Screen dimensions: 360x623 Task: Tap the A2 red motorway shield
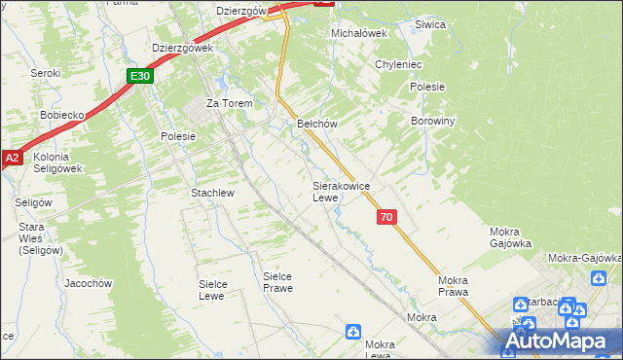(12, 157)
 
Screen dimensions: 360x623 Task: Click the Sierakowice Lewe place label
(340, 191)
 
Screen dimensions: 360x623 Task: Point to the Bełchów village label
(316, 124)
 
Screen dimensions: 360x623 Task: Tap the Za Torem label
(229, 103)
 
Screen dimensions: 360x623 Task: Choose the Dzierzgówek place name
(182, 47)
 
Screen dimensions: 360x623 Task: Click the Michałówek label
(359, 32)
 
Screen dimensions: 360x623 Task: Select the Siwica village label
(429, 24)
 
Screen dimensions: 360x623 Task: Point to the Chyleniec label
(398, 64)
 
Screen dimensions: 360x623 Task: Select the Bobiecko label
(63, 114)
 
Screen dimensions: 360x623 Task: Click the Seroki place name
(46, 73)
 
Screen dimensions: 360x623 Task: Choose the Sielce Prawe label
(277, 281)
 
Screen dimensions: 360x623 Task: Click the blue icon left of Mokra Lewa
(352, 333)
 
